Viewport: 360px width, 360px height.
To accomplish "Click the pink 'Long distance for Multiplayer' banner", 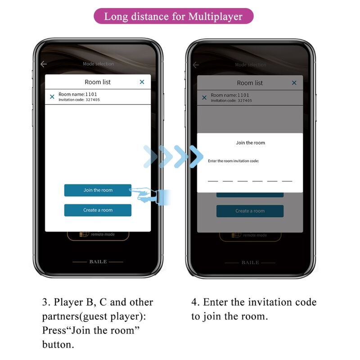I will [x=173, y=17].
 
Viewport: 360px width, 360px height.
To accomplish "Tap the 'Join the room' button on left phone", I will [x=98, y=190].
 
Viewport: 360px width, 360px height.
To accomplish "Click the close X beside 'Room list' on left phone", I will [x=142, y=82].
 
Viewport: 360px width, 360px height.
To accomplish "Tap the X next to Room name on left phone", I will [x=52, y=96].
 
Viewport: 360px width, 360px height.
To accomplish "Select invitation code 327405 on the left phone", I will [x=92, y=99].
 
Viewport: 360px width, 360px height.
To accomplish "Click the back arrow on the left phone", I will [x=44, y=64].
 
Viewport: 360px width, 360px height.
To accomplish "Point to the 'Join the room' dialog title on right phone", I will [x=250, y=143].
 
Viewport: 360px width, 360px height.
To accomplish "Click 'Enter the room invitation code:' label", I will [x=233, y=161].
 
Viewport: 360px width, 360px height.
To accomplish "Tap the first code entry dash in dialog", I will [x=213, y=181].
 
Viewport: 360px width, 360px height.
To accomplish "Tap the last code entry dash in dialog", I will [x=287, y=181].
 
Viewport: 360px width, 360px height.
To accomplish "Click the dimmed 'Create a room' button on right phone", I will [x=250, y=211].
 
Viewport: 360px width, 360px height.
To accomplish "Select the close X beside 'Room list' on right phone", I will [x=294, y=83].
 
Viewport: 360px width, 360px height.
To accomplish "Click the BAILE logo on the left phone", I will [x=98, y=261].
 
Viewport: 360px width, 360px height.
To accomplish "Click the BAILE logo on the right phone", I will [x=250, y=262].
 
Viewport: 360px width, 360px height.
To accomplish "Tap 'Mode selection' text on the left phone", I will [x=98, y=64].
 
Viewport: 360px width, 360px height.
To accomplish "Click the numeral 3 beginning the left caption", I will [x=45, y=302].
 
